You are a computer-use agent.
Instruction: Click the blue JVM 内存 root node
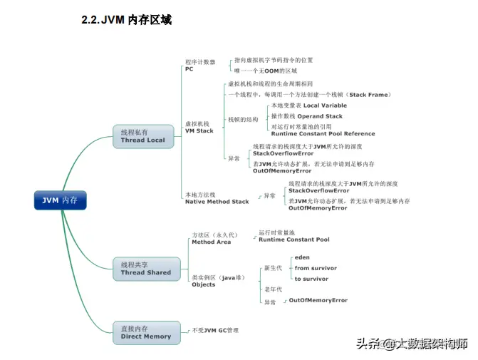tap(60, 201)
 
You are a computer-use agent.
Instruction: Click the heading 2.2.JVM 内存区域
tap(126, 21)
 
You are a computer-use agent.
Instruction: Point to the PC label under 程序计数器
tap(189, 69)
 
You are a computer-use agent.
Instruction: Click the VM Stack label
tap(199, 131)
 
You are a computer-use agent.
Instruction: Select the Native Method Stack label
tap(217, 202)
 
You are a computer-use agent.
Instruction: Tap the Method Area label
tap(212, 242)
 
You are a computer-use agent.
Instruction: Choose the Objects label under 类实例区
tap(203, 284)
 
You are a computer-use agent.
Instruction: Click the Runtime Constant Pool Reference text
tap(323, 133)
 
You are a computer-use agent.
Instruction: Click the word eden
tap(302, 257)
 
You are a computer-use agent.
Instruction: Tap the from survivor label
tap(316, 268)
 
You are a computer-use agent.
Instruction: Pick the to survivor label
tap(311, 279)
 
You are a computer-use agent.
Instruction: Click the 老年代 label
tap(274, 289)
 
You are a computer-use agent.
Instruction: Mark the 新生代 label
tap(274, 268)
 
